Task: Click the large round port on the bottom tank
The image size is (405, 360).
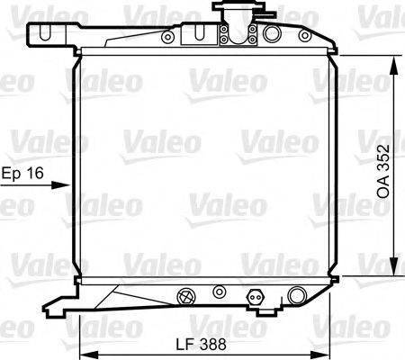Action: [x=297, y=293]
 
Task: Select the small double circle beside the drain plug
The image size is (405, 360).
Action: [x=219, y=292]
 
